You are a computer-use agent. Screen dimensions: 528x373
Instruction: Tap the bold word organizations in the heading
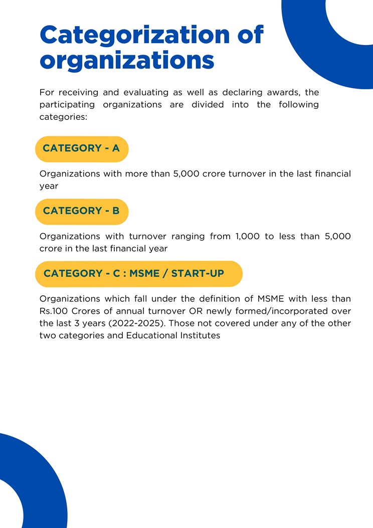pyautogui.click(x=127, y=61)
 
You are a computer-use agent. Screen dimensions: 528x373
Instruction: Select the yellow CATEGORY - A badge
pyautogui.click(x=82, y=148)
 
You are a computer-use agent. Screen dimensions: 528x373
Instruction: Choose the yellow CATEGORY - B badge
pyautogui.click(x=82, y=211)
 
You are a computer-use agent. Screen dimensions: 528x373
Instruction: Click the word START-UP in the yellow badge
pyautogui.click(x=198, y=273)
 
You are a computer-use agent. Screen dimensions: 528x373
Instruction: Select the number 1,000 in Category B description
pyautogui.click(x=248, y=236)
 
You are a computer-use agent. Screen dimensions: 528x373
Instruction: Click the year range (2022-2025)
pyautogui.click(x=137, y=323)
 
